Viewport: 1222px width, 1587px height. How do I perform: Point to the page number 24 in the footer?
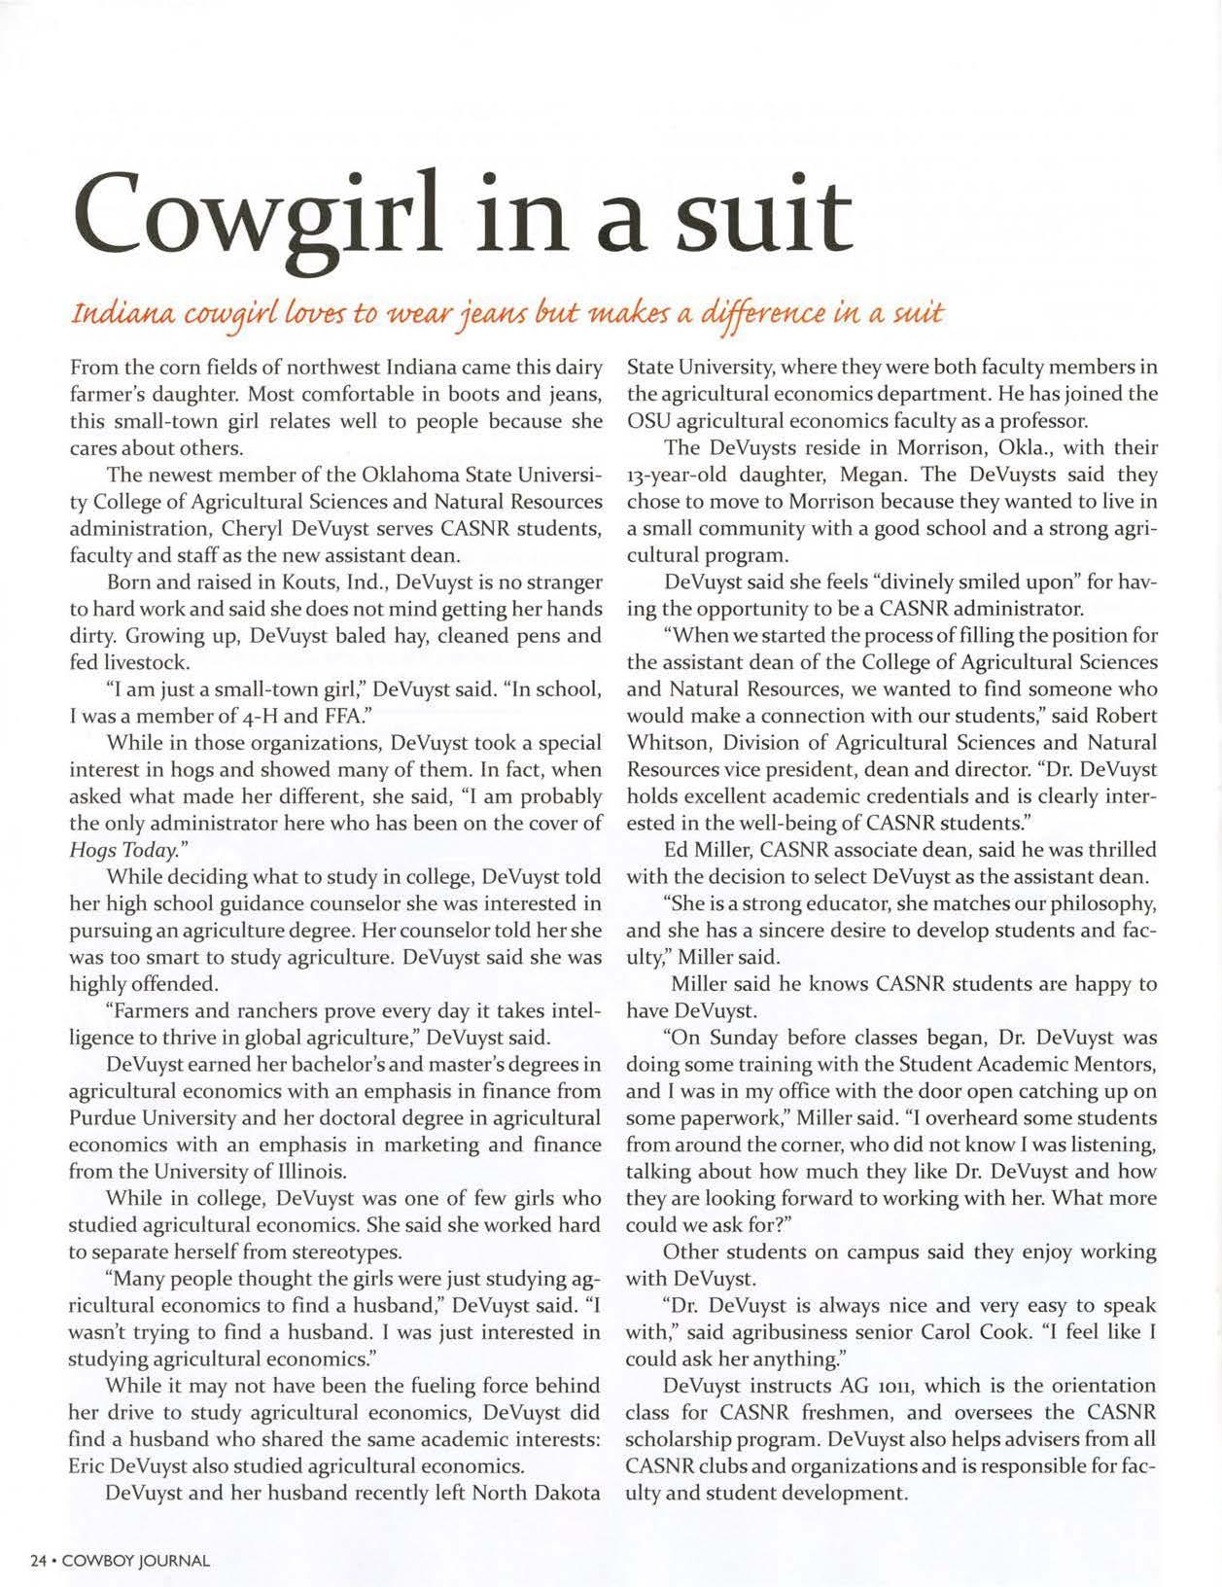pyautogui.click(x=39, y=1561)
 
